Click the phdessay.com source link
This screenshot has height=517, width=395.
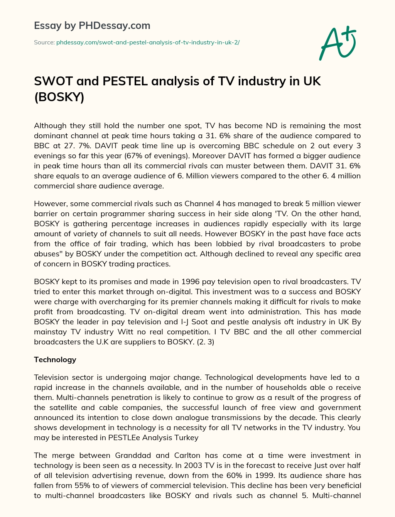click(148, 42)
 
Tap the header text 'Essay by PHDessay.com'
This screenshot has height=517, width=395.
click(92, 26)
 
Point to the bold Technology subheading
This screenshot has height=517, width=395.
click(55, 359)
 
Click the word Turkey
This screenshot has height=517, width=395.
click(187, 437)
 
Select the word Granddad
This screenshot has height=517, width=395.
click(132, 455)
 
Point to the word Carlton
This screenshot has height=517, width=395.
click(188, 455)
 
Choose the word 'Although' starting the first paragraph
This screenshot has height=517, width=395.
click(50, 126)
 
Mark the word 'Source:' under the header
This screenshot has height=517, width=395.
click(44, 42)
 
